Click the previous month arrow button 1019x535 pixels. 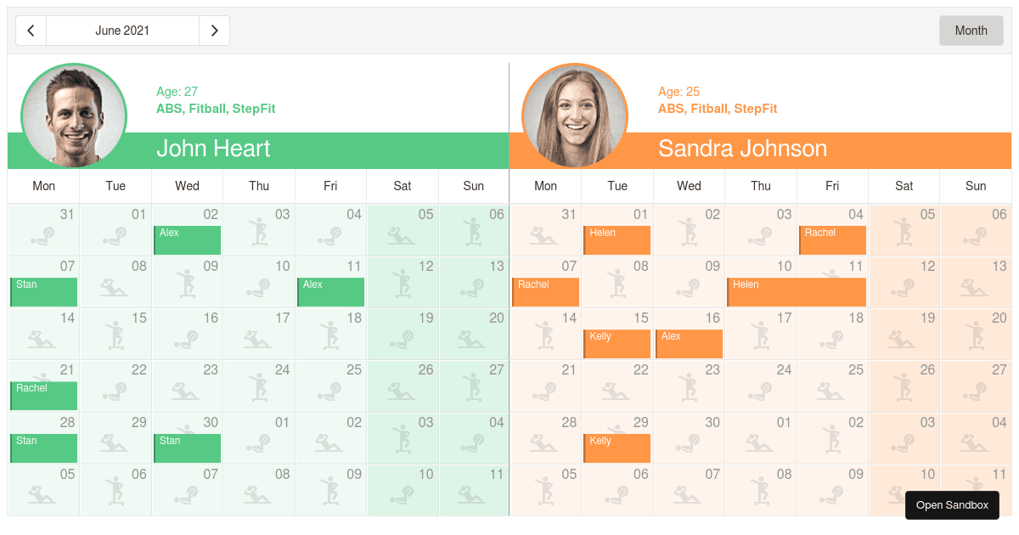pyautogui.click(x=31, y=31)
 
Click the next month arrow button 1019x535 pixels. pyautogui.click(x=214, y=31)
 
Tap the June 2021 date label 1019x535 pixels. pyautogui.click(x=122, y=31)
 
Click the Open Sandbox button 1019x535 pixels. pyautogui.click(x=951, y=505)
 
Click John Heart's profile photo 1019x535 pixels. pyautogui.click(x=74, y=115)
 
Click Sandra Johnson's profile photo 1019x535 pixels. pyautogui.click(x=575, y=115)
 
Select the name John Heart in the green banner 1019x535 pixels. pyautogui.click(x=213, y=149)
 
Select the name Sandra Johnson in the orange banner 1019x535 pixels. pyautogui.click(x=742, y=149)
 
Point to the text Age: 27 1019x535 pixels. pyautogui.click(x=177, y=92)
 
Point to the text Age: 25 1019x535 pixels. pyautogui.click(x=678, y=92)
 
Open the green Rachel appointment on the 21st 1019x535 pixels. pyautogui.click(x=44, y=396)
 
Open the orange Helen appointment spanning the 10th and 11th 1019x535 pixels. pyautogui.click(x=797, y=292)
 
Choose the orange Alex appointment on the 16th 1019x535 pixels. pyautogui.click(x=689, y=344)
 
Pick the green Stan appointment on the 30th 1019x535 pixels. pyautogui.click(x=187, y=448)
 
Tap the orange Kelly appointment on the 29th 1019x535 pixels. pyautogui.click(x=617, y=448)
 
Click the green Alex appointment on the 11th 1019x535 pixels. pyautogui.click(x=331, y=292)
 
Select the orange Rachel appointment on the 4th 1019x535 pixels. pyautogui.click(x=832, y=240)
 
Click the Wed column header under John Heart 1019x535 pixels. pyautogui.click(x=187, y=186)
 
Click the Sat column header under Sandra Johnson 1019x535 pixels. pyautogui.click(x=904, y=186)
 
